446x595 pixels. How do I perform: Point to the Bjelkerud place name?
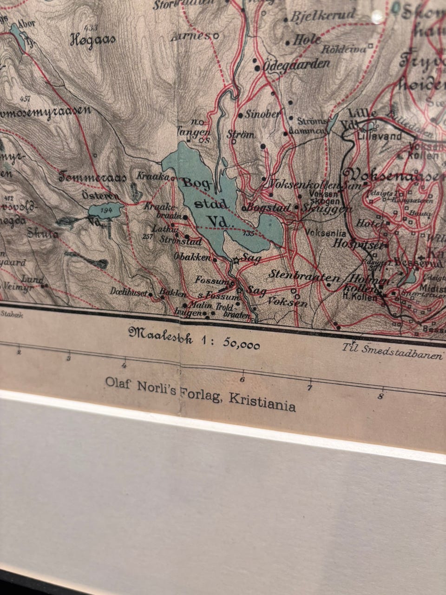tap(323, 16)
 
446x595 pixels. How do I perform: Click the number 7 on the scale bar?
tap(310, 387)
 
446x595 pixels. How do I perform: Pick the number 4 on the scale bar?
tap(125, 363)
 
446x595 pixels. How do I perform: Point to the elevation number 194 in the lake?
tap(106, 211)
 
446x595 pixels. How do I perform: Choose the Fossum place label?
tap(212, 281)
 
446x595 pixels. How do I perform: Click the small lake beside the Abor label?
tap(18, 35)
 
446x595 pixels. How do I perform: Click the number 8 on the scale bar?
tap(380, 397)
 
